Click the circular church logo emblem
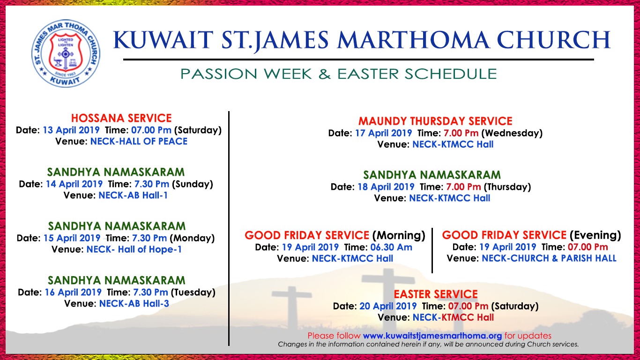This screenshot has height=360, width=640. coord(66,53)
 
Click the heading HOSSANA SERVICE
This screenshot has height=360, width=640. coord(121,118)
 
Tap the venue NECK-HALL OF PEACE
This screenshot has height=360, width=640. coord(139,141)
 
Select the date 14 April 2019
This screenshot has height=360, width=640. coord(74,184)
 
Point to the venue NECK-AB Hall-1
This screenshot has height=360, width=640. coord(133,195)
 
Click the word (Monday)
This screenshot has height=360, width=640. coord(192,238)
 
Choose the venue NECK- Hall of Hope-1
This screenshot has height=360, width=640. coord(134,249)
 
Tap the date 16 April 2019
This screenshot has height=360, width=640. coord(73,292)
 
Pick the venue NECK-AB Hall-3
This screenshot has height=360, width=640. coord(134,303)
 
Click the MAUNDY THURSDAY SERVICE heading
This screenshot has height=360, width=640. coord(435,121)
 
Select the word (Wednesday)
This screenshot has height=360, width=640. coord(512,133)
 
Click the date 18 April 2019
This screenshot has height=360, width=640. coord(386,187)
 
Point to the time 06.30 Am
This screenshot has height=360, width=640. coord(391,247)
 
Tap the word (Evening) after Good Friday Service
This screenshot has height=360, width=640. coord(595,235)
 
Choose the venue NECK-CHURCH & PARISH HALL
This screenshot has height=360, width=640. coord(549,258)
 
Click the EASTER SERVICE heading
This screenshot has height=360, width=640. coord(436,294)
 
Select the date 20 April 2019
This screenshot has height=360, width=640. coord(388,306)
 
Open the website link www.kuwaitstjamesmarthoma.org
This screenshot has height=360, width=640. coord(432,336)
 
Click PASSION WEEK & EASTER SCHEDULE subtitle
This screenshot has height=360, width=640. coord(339,74)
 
